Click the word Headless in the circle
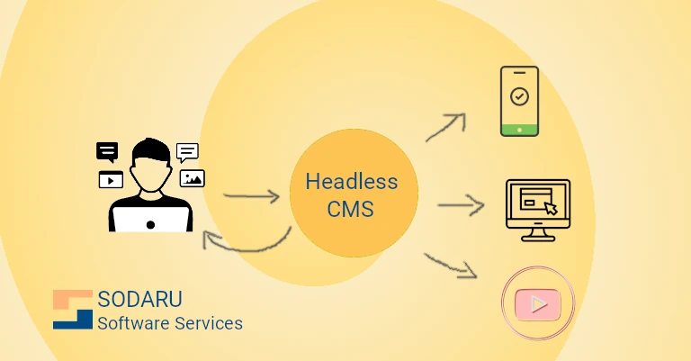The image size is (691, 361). coord(351,181)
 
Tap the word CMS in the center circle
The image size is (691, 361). coord(352,210)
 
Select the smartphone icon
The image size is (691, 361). coord(519,101)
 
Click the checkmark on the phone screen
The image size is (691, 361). coord(519,95)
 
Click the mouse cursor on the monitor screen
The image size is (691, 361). coord(551,208)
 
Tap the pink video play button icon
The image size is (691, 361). coord(538,303)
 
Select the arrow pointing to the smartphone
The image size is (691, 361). coord(445,127)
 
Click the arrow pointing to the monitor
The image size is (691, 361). coord(461,206)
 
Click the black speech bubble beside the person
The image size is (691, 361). coord(107,151)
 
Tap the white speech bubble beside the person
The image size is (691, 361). coord(187,151)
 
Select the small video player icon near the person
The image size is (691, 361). coord(111,179)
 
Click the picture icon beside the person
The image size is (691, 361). coord(193,177)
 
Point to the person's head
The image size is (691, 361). coord(148,162)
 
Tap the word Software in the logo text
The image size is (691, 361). coord(131,322)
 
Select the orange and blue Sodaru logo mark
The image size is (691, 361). coord(73,309)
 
